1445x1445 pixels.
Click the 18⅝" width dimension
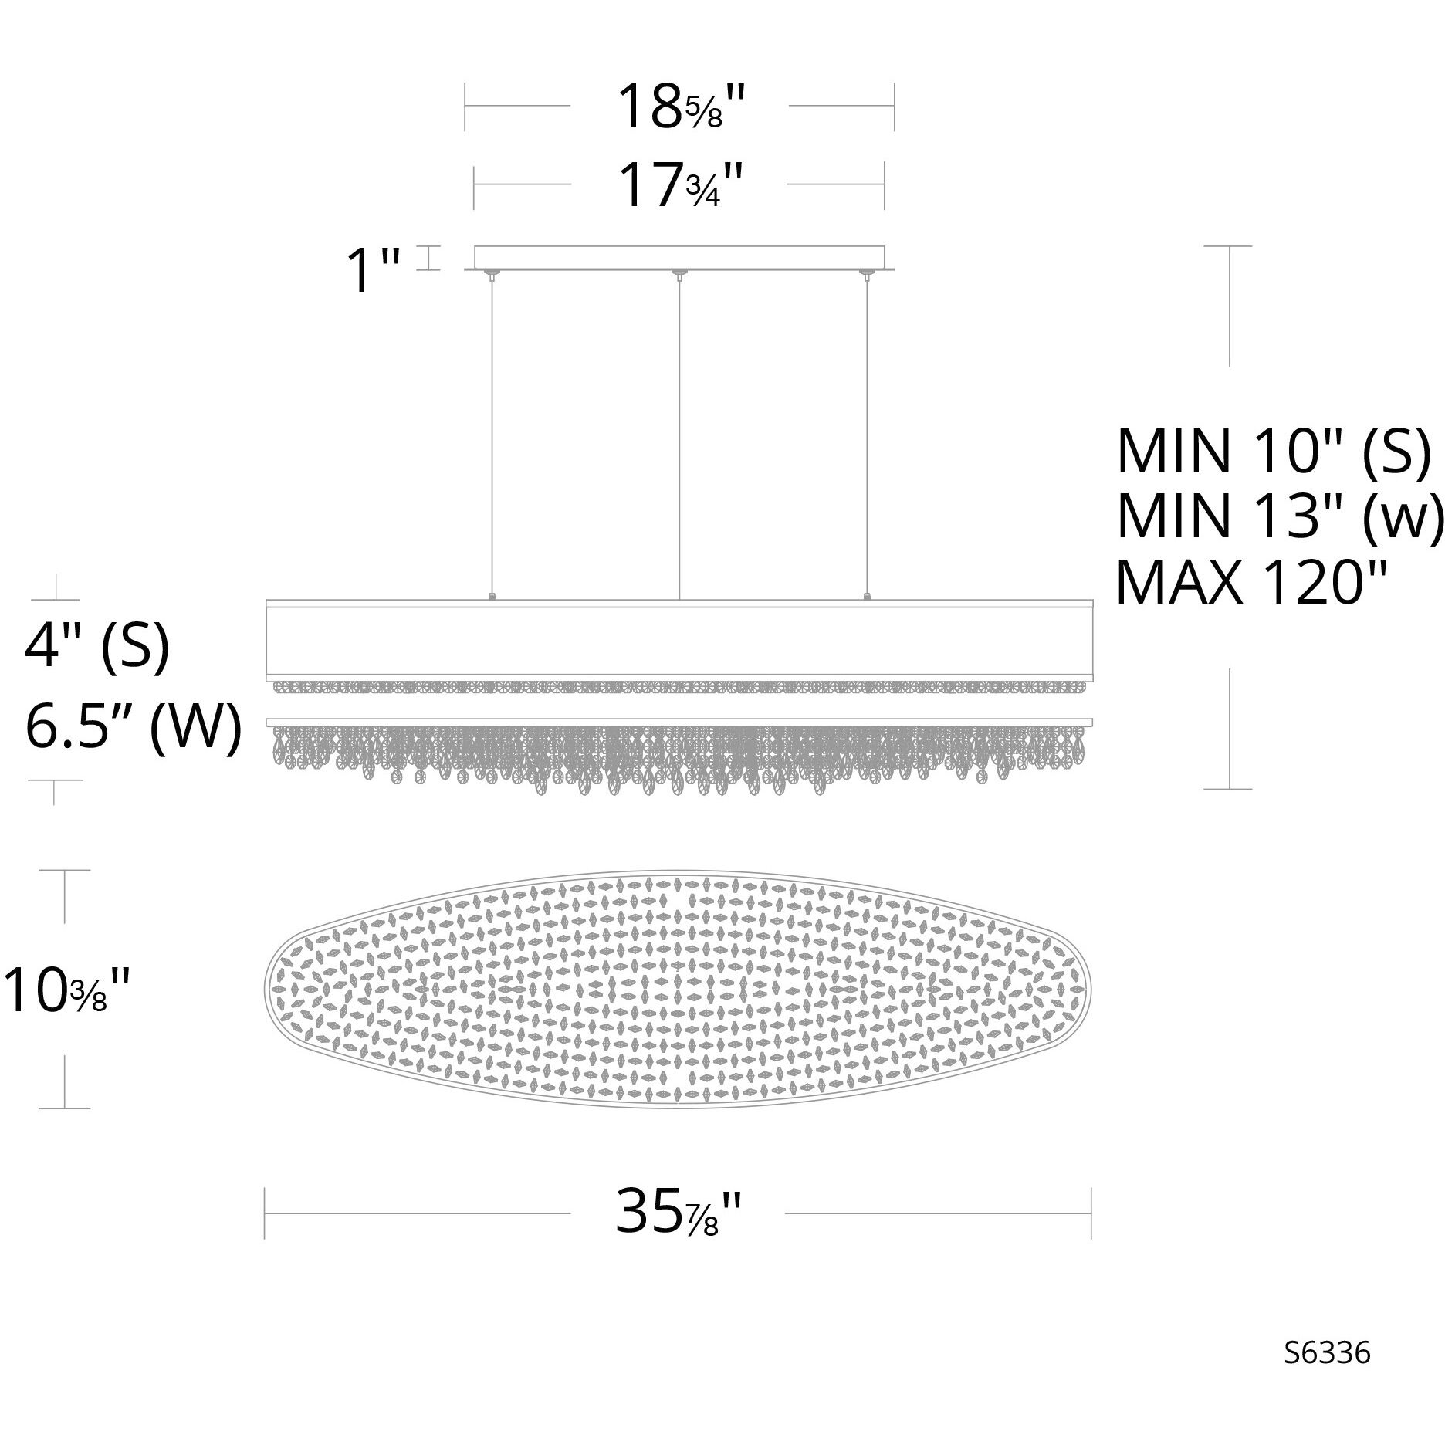(x=679, y=107)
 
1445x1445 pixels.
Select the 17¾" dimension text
(x=679, y=186)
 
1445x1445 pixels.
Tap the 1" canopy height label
(x=374, y=270)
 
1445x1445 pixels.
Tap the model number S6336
(x=1327, y=1374)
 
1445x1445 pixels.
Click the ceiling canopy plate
(x=679, y=257)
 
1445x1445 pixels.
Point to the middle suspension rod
(x=679, y=436)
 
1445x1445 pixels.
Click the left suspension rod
(x=492, y=436)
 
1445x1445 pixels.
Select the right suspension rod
(x=867, y=436)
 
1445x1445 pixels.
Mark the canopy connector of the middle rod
(x=679, y=272)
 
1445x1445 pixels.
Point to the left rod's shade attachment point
(x=492, y=597)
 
